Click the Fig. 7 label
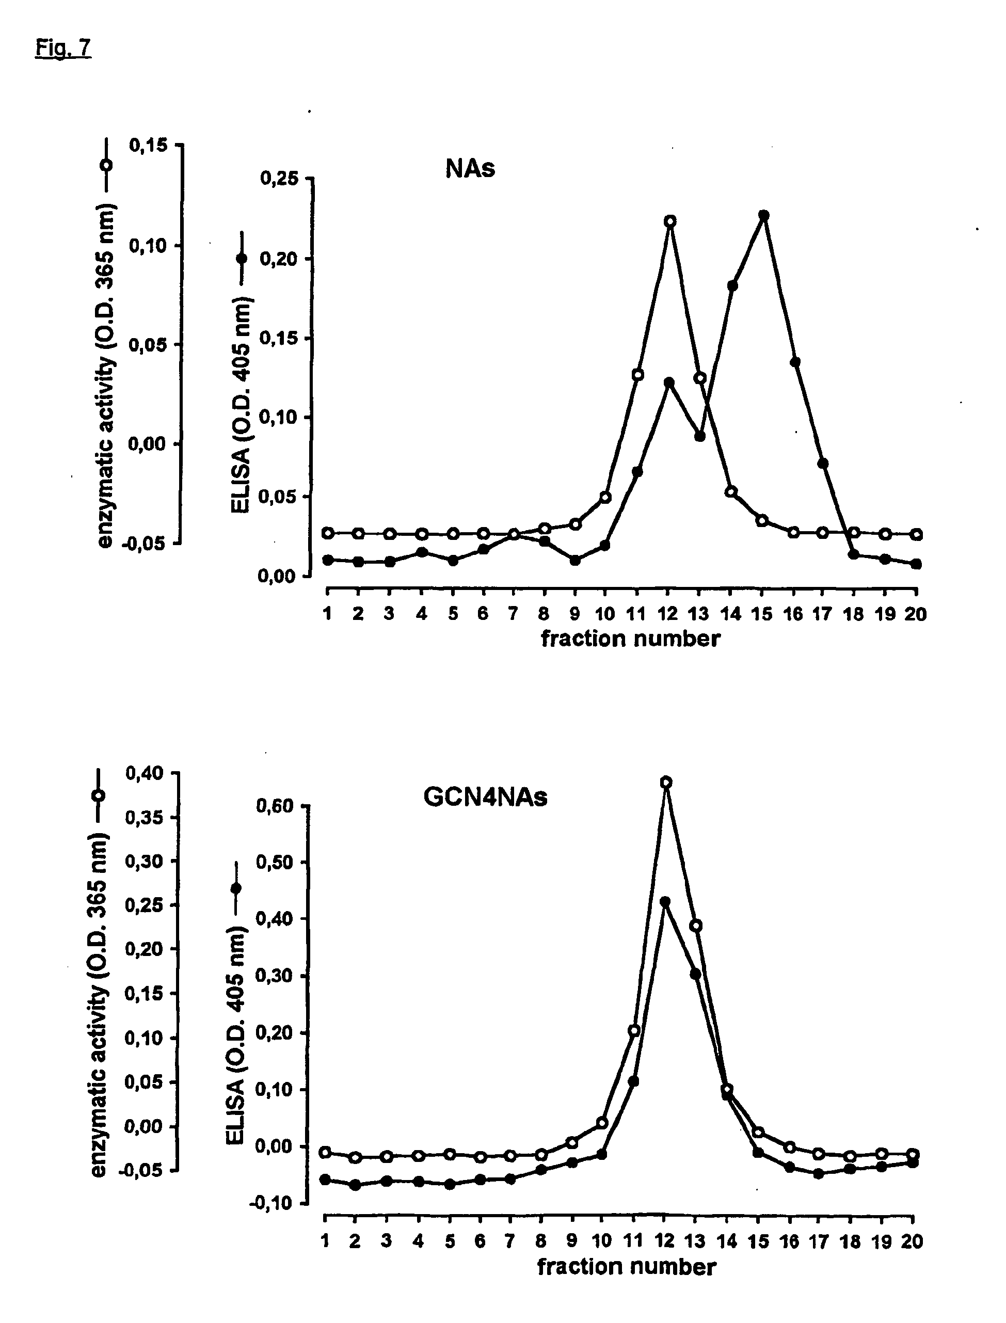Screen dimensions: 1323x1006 tap(63, 47)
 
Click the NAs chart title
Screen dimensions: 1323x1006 tap(470, 169)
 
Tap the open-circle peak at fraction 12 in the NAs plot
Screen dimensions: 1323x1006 tap(670, 221)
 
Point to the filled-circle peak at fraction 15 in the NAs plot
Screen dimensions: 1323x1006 tap(763, 215)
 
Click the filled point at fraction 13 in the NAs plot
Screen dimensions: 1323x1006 tap(700, 436)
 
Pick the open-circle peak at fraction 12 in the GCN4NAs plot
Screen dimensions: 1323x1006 tap(666, 782)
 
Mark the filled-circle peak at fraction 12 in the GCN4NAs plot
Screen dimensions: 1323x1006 tap(665, 901)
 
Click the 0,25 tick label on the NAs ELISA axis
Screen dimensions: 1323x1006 tap(279, 179)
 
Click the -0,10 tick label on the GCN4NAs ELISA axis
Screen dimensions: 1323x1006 tap(273, 1203)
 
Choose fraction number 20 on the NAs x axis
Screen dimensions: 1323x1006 tap(915, 614)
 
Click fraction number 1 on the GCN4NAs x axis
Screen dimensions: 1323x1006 tap(325, 1241)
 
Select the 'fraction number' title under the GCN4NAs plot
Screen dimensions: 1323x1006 tap(626, 1267)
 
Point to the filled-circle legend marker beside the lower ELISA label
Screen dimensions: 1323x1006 tap(236, 888)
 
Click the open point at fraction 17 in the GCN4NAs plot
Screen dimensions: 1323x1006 tap(819, 1154)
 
